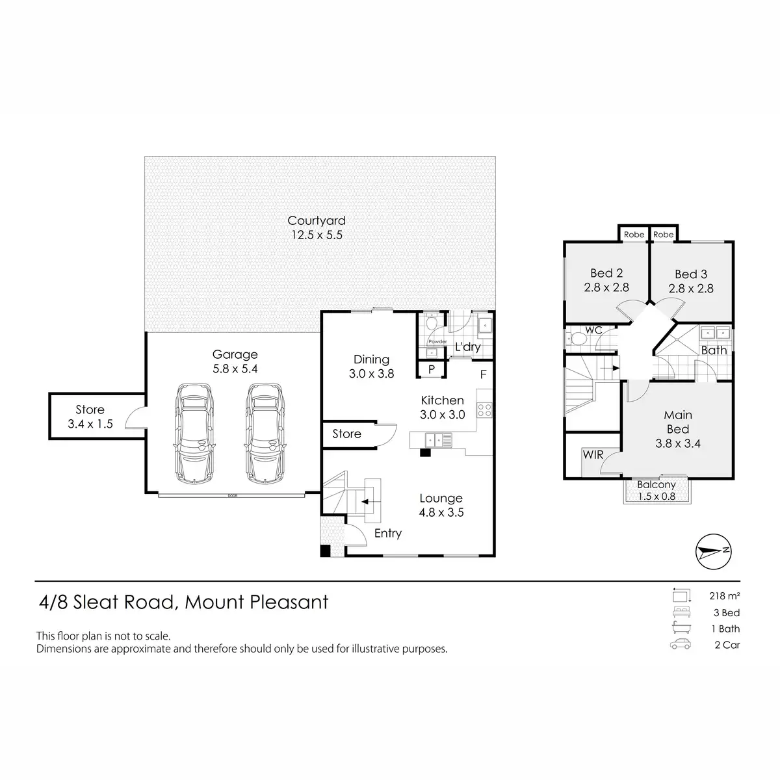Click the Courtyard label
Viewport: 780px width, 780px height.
coord(316,220)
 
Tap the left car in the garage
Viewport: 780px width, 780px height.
coord(195,433)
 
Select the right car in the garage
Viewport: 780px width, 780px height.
coord(265,433)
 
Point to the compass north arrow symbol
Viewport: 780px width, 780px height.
coord(713,551)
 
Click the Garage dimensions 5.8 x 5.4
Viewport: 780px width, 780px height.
coord(235,369)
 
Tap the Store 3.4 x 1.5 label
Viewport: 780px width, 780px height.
coord(90,417)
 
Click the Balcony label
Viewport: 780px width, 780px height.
coord(656,484)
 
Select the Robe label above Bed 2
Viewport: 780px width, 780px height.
coord(634,235)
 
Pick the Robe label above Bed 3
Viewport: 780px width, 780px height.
coord(664,235)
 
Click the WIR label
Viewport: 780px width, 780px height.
coord(593,454)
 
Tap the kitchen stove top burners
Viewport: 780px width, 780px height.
coord(484,409)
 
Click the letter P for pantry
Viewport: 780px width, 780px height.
coord(432,369)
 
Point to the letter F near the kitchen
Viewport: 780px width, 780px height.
coord(484,375)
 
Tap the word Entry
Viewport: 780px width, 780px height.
coord(388,534)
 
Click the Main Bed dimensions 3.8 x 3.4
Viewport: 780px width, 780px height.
coord(677,444)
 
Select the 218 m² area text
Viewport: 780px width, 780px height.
coord(725,596)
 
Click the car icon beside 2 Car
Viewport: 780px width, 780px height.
coord(681,644)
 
